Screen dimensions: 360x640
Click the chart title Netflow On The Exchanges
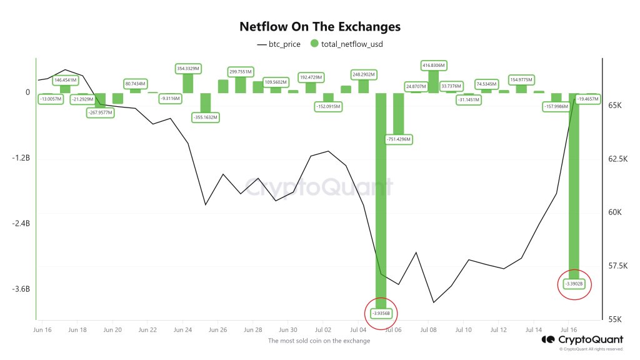tap(320, 27)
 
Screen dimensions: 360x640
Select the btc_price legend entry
tap(279, 44)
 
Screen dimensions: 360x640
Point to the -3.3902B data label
tap(574, 284)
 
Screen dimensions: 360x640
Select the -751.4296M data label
tap(397, 139)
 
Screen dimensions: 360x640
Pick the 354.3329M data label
tap(187, 68)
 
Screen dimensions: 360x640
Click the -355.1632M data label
tap(205, 116)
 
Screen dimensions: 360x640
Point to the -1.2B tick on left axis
tap(21, 158)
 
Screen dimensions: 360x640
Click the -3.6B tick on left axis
tap(21, 289)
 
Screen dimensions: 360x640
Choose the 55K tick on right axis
tap(615, 319)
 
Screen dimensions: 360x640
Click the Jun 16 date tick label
tap(42, 329)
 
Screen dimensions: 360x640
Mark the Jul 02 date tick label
tap(323, 329)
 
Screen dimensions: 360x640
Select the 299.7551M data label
tap(240, 72)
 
